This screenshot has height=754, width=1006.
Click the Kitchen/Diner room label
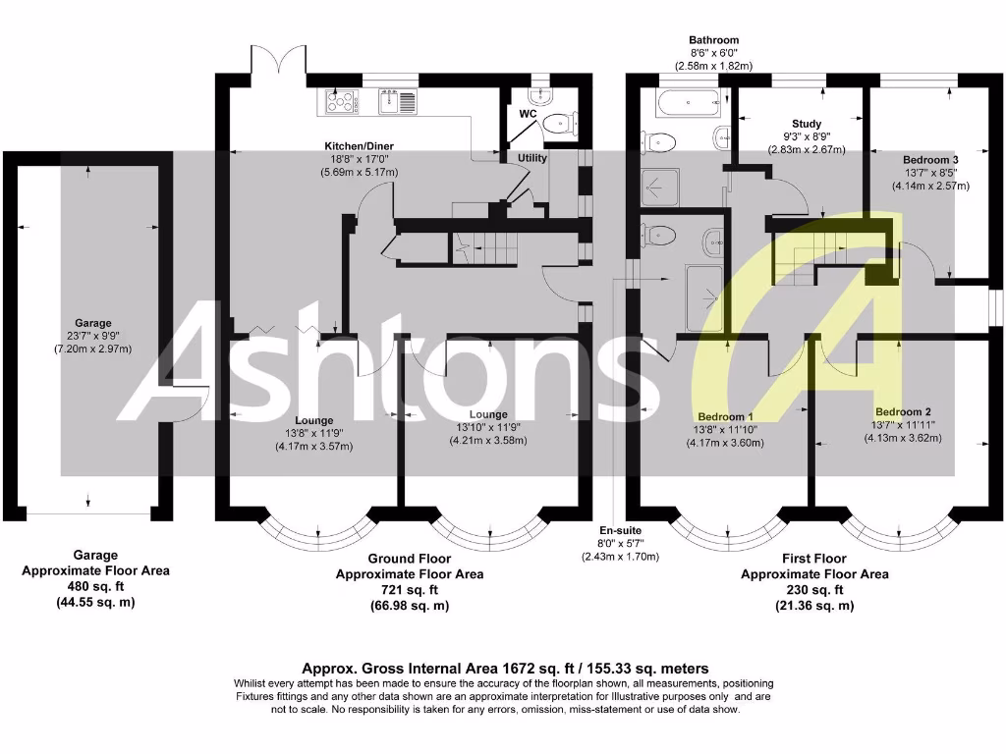360,145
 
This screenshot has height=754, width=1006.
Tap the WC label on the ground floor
528,114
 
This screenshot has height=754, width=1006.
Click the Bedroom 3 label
930,159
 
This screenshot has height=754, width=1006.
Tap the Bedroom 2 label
903,411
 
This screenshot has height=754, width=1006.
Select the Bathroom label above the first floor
713,40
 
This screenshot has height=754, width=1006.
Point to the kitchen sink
398,98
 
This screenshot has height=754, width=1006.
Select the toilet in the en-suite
659,235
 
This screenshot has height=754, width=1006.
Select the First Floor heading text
814,559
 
